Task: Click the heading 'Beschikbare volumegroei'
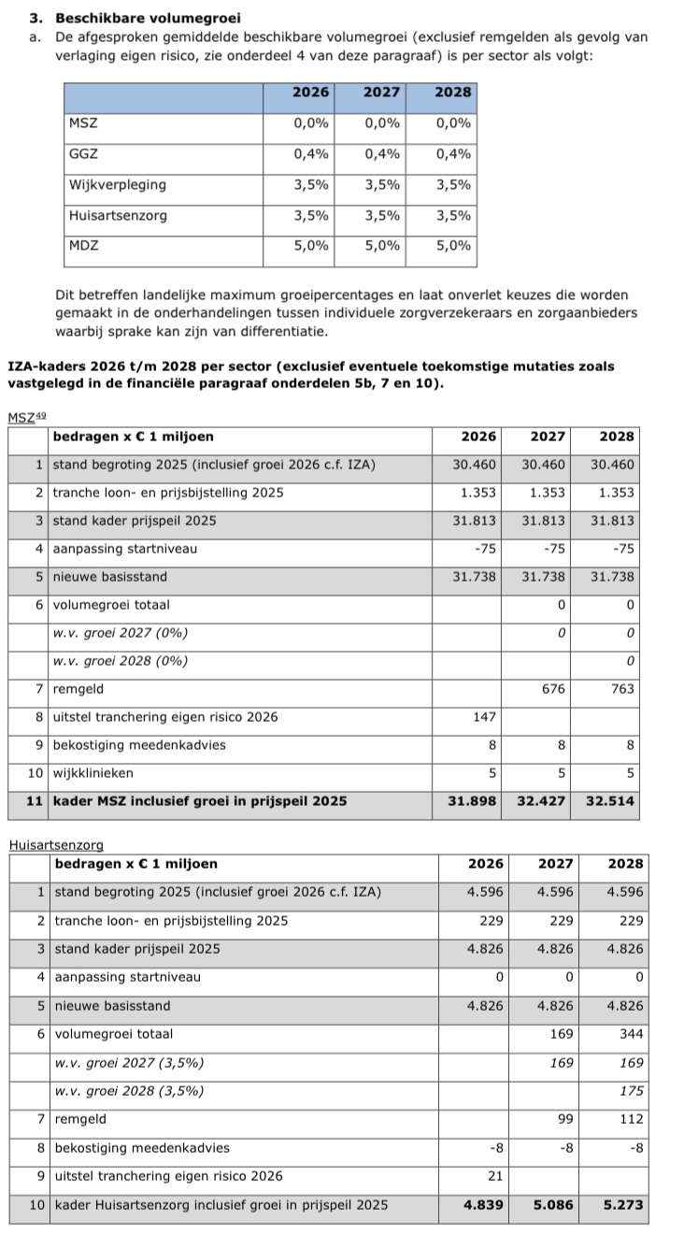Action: click(x=148, y=18)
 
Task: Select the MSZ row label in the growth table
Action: click(x=83, y=123)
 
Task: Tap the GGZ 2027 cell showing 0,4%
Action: click(x=382, y=154)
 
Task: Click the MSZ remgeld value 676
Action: click(x=555, y=689)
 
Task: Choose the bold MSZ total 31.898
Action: click(x=474, y=801)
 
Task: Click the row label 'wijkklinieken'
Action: click(x=93, y=773)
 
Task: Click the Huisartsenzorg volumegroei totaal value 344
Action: click(x=631, y=1035)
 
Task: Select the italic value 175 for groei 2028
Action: click(x=633, y=1091)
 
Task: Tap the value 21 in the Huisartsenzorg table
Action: click(x=495, y=1176)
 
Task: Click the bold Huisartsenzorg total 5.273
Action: click(x=624, y=1205)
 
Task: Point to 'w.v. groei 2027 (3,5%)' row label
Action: click(x=129, y=1063)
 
